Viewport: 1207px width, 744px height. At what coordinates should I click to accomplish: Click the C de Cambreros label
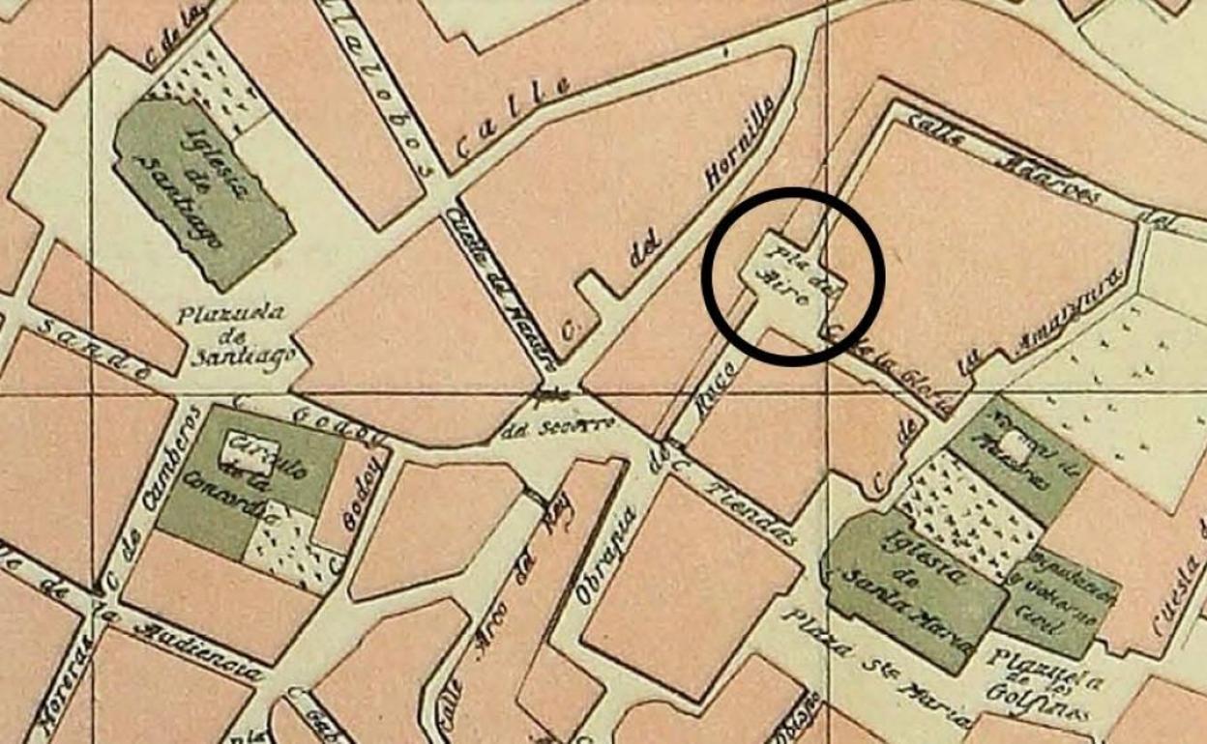151,498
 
